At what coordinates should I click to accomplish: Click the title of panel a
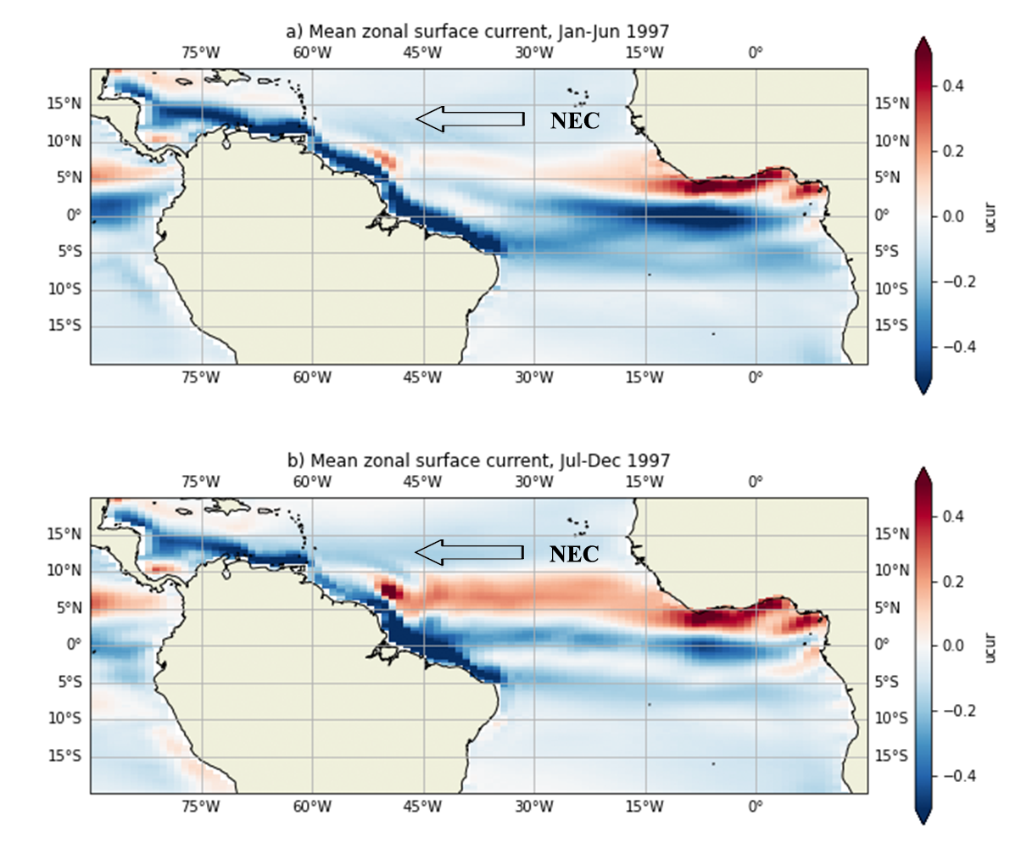tap(478, 31)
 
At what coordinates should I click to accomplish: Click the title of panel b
tap(478, 461)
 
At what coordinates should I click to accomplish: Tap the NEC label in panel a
tap(574, 120)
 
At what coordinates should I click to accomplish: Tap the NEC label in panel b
tap(574, 554)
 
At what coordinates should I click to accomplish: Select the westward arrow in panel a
tap(470, 119)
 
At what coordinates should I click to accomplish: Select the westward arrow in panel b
tap(470, 552)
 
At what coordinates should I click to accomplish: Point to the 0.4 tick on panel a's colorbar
tap(951, 86)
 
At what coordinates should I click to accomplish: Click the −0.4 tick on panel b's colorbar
tap(954, 776)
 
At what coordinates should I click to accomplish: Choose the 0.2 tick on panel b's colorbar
tap(951, 581)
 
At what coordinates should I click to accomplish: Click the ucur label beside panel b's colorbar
tap(991, 646)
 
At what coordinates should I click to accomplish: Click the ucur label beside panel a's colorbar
tap(991, 216)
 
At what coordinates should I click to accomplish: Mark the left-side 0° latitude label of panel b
tap(74, 645)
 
